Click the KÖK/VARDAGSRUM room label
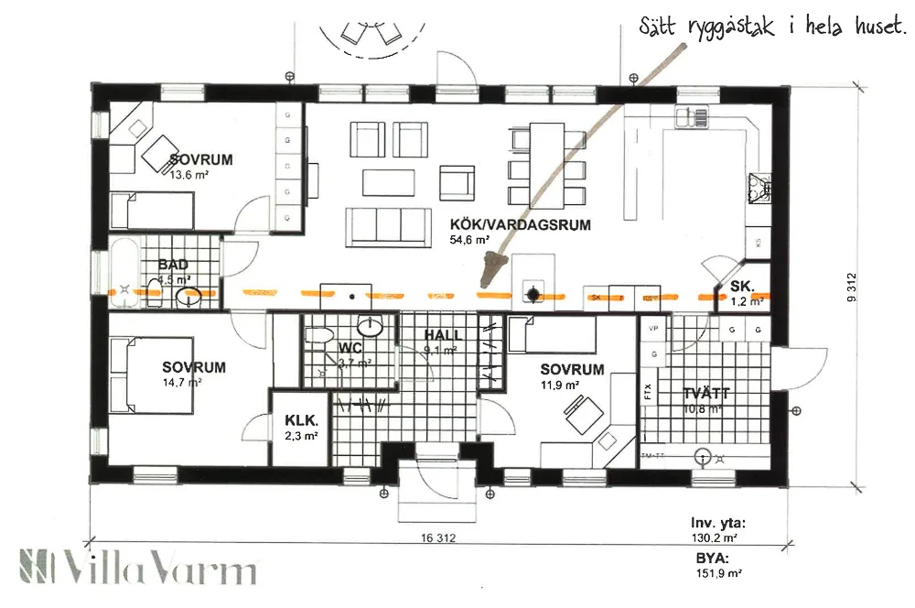coord(520,224)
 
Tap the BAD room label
coord(172,265)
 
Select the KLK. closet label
coord(301,420)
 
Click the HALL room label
coord(443,335)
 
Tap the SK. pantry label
coord(741,287)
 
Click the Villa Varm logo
coord(137,568)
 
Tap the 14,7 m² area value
coord(182,383)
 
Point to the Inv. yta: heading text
coord(719,524)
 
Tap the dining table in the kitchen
coord(548,162)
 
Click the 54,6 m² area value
coord(469,240)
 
